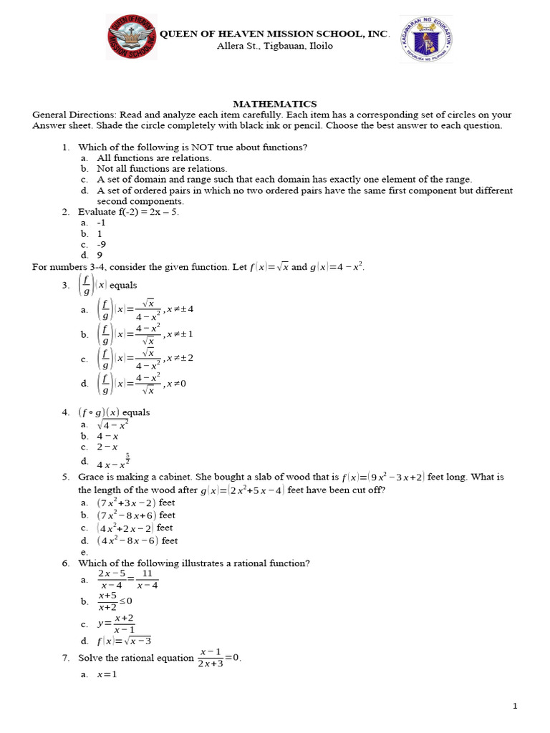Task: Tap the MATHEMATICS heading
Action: pyautogui.click(x=275, y=105)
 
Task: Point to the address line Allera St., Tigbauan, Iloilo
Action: pyautogui.click(x=274, y=47)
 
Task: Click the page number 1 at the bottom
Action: pyautogui.click(x=515, y=707)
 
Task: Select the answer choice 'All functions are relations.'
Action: pyautogui.click(x=154, y=158)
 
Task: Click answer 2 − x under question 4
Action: pyautogui.click(x=107, y=447)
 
